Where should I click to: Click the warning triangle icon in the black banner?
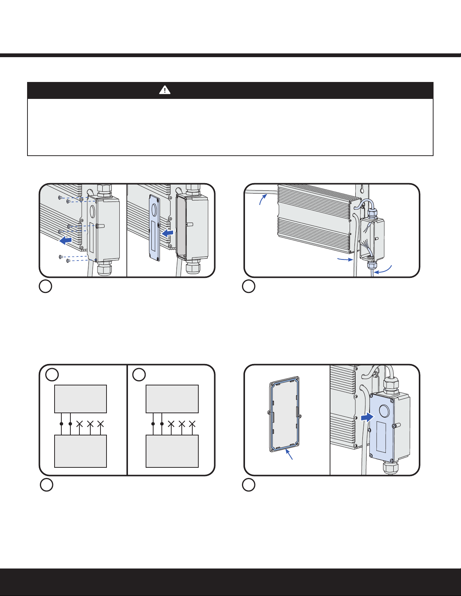pos(165,90)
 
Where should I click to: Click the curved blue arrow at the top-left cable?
pos(263,198)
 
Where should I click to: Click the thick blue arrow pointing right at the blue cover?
pos(367,417)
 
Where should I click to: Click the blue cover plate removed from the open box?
pos(154,227)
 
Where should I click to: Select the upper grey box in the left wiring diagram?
pos(81,399)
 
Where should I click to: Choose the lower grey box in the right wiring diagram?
pos(172,451)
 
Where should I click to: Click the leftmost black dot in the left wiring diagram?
pos(61,424)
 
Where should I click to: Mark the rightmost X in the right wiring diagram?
pos(192,424)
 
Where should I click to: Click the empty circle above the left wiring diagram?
pos(52,374)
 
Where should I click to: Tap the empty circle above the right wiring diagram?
pos(139,375)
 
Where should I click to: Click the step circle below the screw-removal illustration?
pos(45,287)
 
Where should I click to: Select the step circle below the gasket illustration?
pos(249,485)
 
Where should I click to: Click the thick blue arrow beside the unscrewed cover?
pos(66,240)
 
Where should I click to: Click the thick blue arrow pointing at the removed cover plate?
pos(167,234)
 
